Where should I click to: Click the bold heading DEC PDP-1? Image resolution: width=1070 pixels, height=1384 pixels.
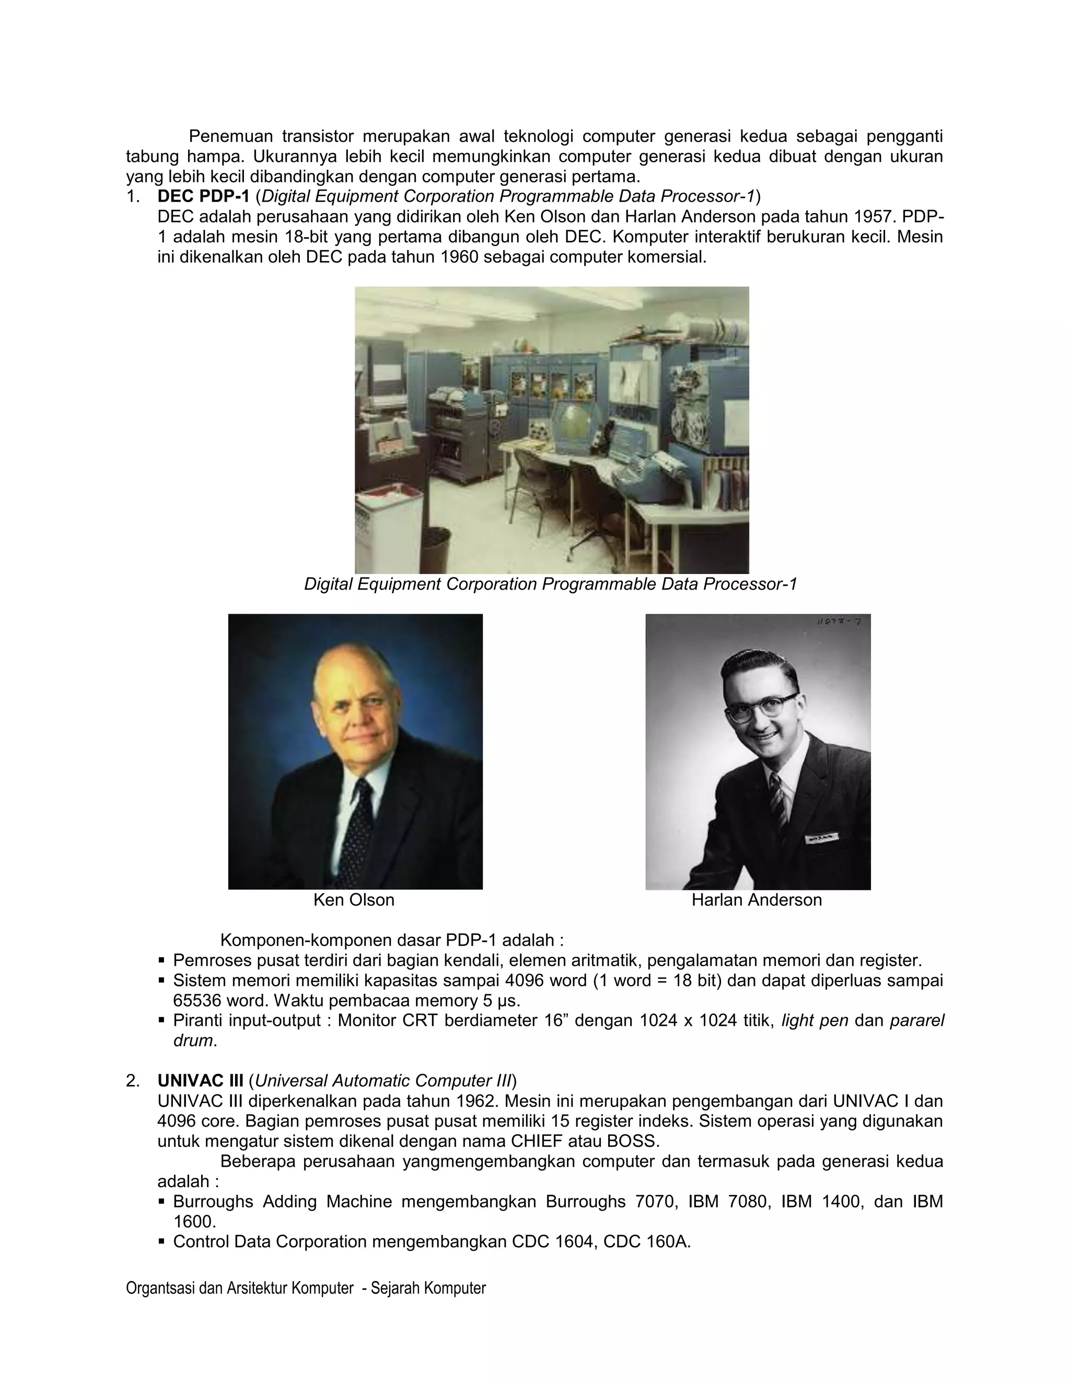point(203,196)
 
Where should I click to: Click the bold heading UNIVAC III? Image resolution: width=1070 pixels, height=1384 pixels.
point(200,1081)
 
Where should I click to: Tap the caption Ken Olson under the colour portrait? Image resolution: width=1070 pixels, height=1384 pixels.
point(354,900)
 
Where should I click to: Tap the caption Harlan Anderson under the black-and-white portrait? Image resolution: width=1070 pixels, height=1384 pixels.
point(756,900)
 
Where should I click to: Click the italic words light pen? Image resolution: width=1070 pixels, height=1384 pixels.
point(815,1021)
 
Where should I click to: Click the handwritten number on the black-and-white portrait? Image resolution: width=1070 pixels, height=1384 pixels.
point(839,623)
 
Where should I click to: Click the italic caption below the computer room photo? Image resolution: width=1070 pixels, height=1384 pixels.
point(550,584)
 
